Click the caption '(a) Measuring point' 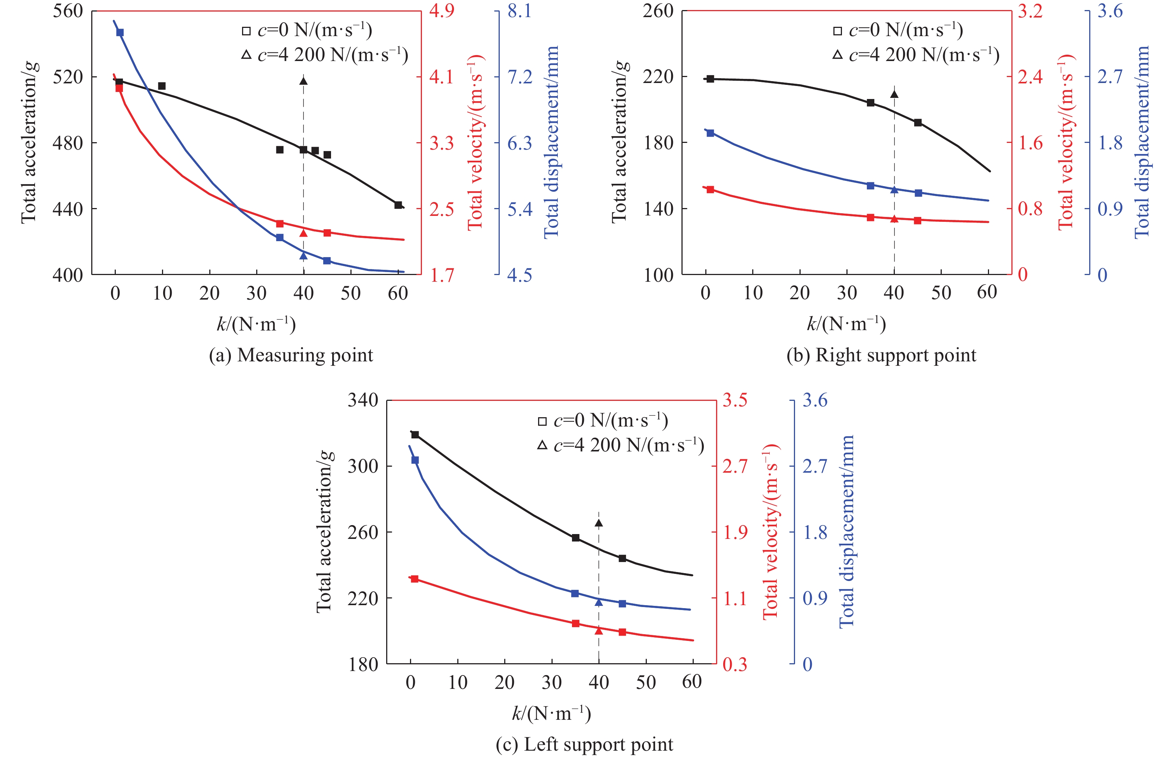[x=291, y=355]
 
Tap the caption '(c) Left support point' [x=584, y=744]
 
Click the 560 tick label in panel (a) [x=68, y=11]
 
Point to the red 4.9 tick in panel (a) [x=442, y=11]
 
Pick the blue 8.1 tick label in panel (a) [x=520, y=11]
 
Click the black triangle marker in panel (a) [x=303, y=81]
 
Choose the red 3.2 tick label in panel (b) [x=1030, y=11]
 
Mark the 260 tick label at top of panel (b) [x=658, y=11]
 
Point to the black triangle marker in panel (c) [x=598, y=523]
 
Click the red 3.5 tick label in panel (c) [x=735, y=400]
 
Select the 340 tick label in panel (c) [x=363, y=400]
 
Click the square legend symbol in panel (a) [x=246, y=31]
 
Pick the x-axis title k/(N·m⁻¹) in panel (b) [x=846, y=324]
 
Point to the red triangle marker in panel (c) [x=598, y=630]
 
